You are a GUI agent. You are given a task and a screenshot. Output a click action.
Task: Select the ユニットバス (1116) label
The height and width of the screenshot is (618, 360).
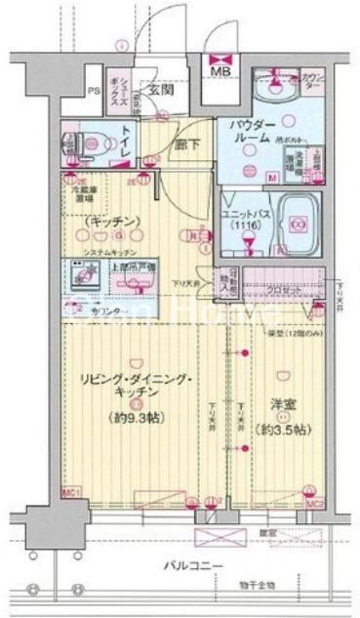[240, 220]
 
